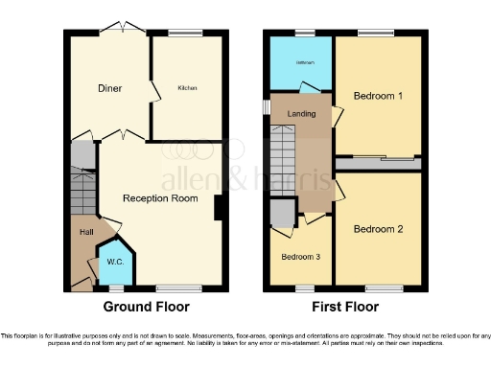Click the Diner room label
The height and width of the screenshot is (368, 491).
pyautogui.click(x=108, y=88)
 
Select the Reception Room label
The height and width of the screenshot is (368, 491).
pyautogui.click(x=160, y=198)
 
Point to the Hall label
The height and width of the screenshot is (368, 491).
pyautogui.click(x=86, y=232)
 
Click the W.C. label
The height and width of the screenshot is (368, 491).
pyautogui.click(x=114, y=262)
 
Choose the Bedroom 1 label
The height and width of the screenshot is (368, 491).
pyautogui.click(x=378, y=97)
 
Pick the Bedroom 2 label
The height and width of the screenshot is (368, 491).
pyautogui.click(x=378, y=229)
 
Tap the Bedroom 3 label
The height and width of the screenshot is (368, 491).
pyautogui.click(x=300, y=257)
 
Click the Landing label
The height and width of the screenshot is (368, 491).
pyautogui.click(x=301, y=115)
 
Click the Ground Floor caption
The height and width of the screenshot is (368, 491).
pyautogui.click(x=146, y=308)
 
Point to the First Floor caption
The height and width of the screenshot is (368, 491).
pyautogui.click(x=345, y=308)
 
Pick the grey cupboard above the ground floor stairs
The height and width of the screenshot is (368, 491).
pyautogui.click(x=83, y=155)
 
